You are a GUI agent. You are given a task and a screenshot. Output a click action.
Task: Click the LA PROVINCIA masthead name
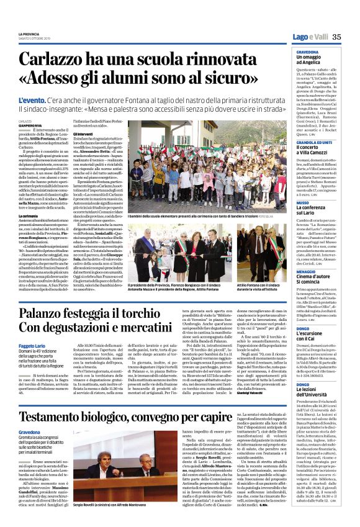29,34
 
